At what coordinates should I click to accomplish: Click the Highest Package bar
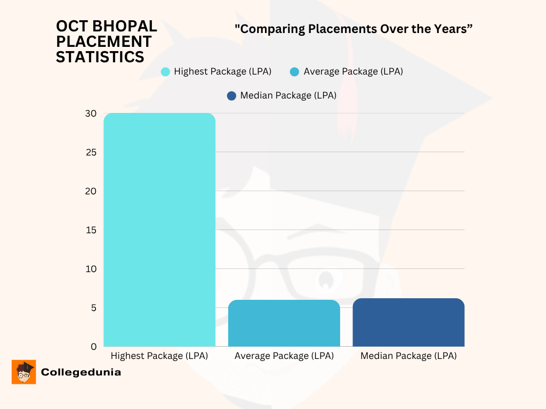point(159,230)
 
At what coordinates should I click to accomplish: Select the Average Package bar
point(284,323)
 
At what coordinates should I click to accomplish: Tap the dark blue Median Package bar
point(408,323)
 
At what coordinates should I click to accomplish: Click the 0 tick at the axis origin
point(93,347)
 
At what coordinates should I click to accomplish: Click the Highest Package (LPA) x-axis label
point(159,356)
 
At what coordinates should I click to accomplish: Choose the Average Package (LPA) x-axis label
point(284,356)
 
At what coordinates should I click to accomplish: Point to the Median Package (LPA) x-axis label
point(408,356)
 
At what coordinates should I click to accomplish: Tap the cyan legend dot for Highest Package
point(165,72)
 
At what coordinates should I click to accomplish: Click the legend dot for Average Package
point(294,72)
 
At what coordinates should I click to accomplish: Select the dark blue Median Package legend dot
point(231,96)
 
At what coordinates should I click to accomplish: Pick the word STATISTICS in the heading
point(100,57)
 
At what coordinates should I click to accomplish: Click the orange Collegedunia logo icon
point(23,372)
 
